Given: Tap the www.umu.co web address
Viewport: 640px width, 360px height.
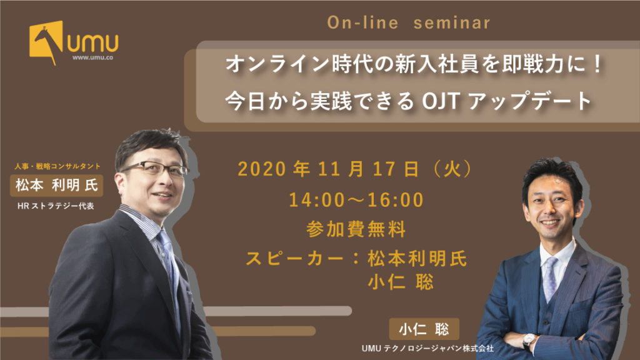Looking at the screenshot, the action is pos(92,57).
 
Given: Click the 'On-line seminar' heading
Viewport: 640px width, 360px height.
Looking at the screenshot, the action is pos(409,22).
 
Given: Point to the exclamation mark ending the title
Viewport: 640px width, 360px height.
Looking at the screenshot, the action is pos(597,64).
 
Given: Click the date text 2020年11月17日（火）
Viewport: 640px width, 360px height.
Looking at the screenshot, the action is pos(354,169).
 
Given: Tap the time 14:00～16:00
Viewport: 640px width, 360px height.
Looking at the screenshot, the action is pos(356,199).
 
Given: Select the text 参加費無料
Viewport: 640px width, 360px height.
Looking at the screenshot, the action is pos(356,229).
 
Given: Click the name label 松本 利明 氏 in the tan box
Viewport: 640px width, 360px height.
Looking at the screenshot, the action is pos(57,185).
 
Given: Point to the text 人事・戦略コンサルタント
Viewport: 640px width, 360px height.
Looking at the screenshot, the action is pos(57,166).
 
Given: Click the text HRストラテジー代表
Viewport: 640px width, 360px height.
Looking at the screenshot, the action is pos(56,206).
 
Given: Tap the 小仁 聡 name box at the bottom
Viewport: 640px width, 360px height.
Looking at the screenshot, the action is pos(424,329).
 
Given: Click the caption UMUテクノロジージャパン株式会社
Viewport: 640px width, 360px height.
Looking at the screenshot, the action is pos(427,348).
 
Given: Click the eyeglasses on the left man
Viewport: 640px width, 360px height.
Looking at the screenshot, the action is pos(154,168).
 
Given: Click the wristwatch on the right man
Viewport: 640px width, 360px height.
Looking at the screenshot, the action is pos(529,339).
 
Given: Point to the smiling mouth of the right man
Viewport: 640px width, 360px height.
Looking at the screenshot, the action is pos(549,223).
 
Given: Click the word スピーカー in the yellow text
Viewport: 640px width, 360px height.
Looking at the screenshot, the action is pos(295,258).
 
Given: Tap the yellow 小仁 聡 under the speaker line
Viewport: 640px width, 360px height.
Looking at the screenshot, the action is pos(401,282).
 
